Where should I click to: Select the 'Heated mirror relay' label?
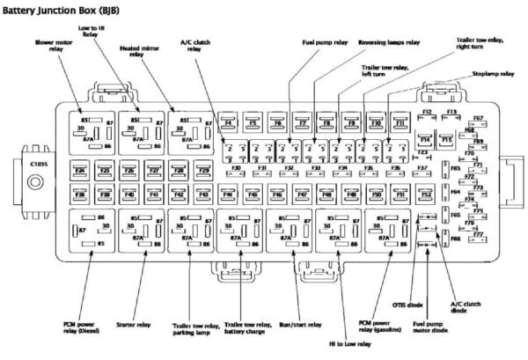[136, 53]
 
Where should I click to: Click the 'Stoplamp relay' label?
[493, 74]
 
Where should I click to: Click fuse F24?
[80, 170]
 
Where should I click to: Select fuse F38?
[80, 193]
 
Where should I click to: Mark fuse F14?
[425, 139]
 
